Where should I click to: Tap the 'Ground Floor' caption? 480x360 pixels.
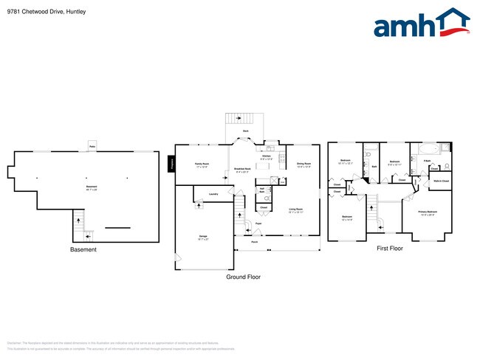242,277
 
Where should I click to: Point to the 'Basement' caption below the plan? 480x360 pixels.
83,249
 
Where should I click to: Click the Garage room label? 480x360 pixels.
202,236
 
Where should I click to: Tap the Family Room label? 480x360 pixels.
202,164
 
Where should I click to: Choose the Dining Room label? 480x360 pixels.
304,164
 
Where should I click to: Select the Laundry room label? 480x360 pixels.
213,194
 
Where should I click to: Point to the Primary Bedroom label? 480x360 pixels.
428,212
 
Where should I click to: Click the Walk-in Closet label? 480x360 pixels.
441,180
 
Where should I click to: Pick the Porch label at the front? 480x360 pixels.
253,242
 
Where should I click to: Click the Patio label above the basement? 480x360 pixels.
92,146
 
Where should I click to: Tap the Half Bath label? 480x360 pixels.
261,190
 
